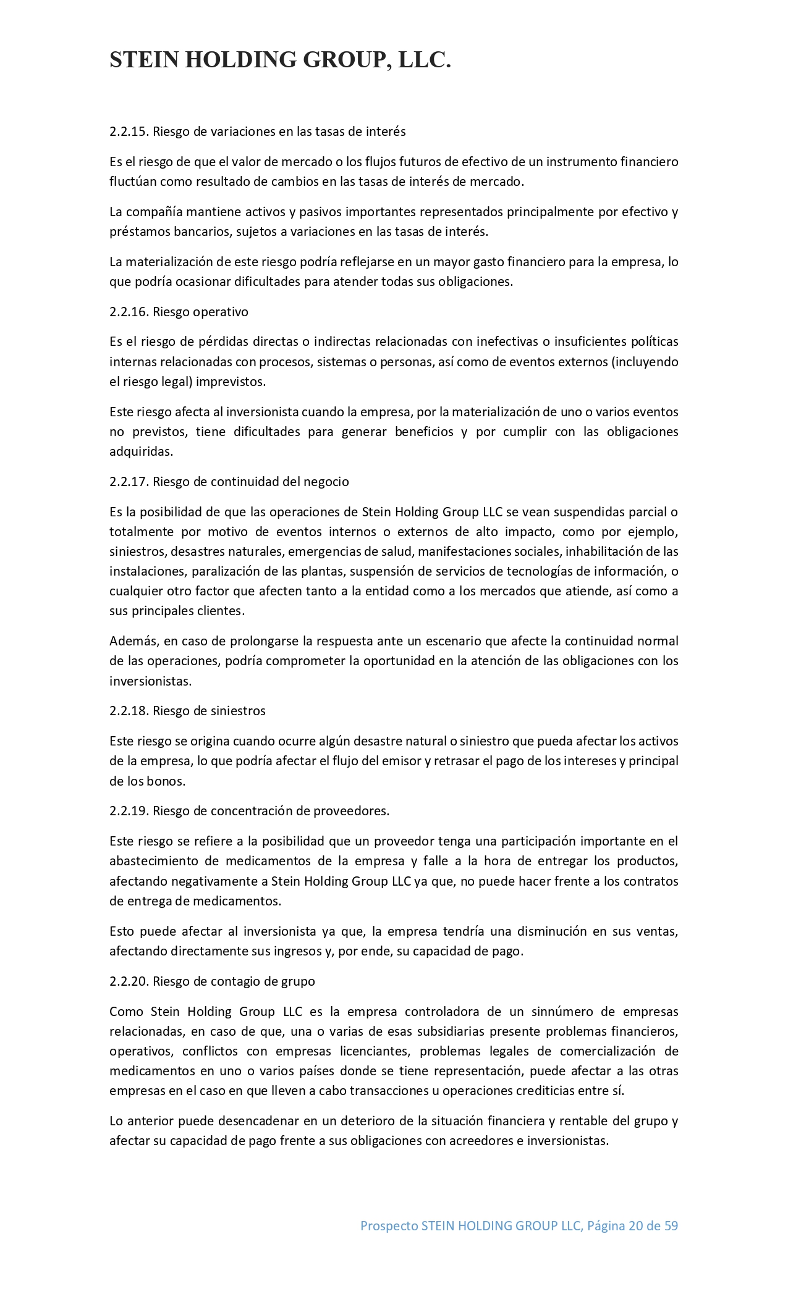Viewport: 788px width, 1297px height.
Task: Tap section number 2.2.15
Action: coord(129,132)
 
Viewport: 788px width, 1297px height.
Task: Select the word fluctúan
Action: coord(129,182)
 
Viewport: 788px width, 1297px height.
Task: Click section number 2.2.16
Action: coord(129,312)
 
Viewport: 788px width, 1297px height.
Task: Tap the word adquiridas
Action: coord(141,451)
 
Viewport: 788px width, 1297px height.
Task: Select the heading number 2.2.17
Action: coord(129,482)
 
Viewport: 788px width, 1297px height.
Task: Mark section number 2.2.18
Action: coord(129,711)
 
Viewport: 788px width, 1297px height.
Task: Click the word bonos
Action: coord(167,781)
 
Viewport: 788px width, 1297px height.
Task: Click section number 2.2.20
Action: coord(129,981)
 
